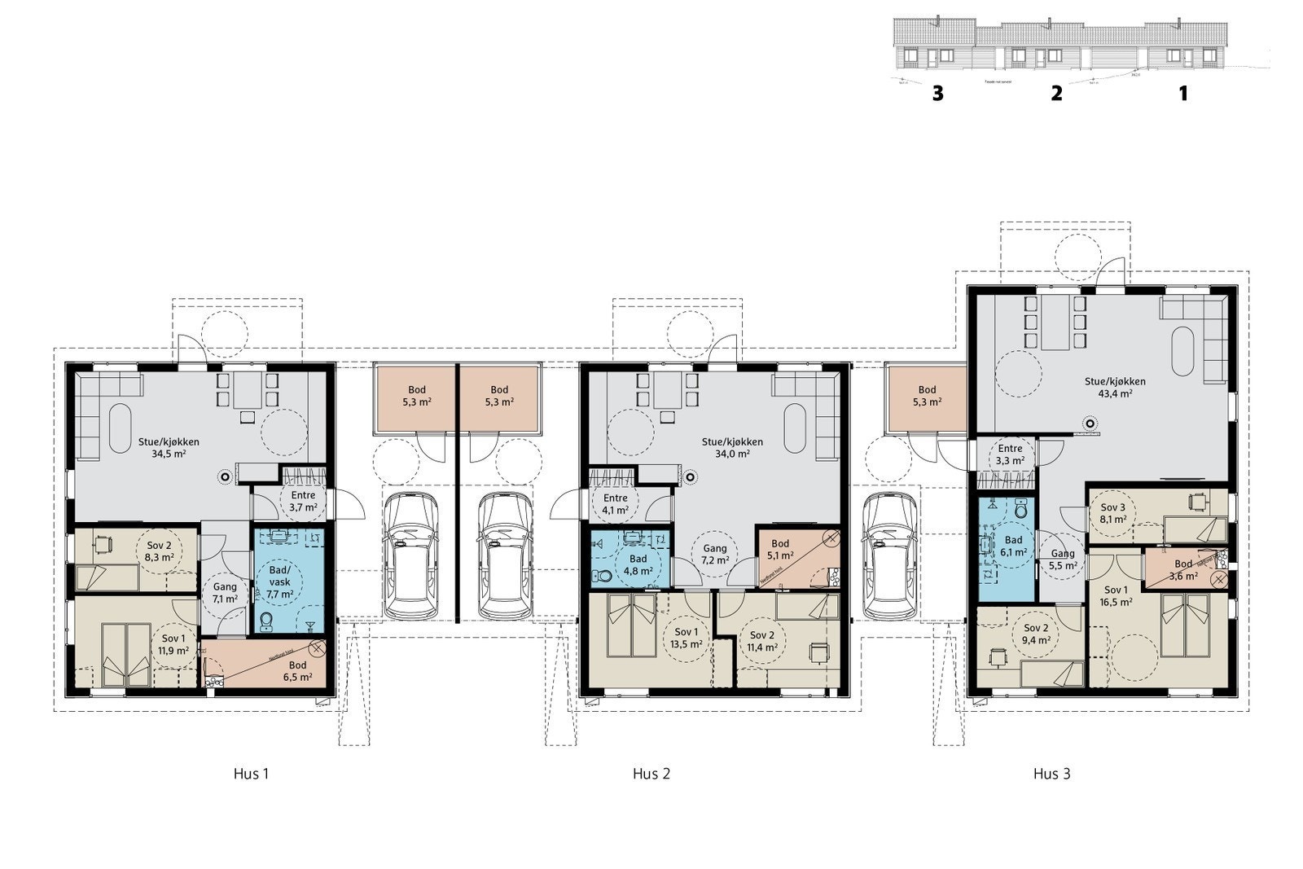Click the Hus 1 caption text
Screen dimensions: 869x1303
tap(251, 774)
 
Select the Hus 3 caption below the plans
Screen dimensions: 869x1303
tap(1051, 774)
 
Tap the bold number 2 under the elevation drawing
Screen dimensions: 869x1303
tap(1056, 94)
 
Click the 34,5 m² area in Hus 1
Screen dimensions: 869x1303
tap(169, 454)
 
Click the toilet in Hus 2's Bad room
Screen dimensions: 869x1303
tap(603, 576)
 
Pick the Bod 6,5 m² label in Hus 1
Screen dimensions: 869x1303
tap(298, 671)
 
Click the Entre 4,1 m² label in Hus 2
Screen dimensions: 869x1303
tap(615, 504)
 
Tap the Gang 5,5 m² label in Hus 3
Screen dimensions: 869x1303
tap(1063, 559)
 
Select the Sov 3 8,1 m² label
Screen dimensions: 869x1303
tap(1113, 512)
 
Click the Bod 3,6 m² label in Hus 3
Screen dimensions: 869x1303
tap(1182, 569)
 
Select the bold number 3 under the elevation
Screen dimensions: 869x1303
tap(937, 94)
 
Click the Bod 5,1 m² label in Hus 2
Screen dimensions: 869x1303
tap(779, 550)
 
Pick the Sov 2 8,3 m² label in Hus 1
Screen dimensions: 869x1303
tap(160, 551)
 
